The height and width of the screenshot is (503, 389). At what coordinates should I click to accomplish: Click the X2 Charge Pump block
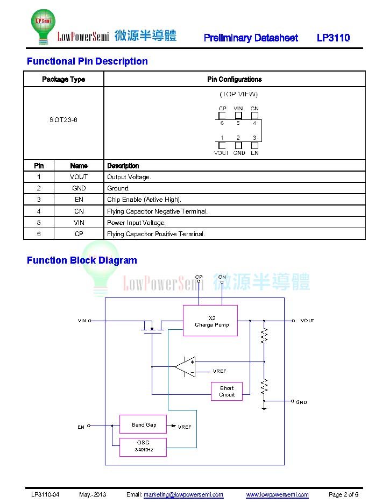pos(210,321)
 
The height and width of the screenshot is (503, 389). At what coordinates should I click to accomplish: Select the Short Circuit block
pos(227,391)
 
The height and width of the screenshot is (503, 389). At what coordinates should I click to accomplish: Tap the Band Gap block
pos(143,424)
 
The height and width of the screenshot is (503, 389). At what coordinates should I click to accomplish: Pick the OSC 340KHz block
pos(143,447)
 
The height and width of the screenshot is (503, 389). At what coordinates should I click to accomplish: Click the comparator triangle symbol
pos(186,367)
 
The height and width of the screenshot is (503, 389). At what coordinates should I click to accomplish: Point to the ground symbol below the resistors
pos(264,407)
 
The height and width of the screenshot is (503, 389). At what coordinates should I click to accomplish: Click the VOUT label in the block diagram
pos(307,321)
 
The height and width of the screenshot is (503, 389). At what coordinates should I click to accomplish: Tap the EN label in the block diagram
pos(81,427)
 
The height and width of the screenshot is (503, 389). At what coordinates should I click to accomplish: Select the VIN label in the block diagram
pos(82,321)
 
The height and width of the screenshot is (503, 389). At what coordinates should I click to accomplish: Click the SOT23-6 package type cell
pos(63,119)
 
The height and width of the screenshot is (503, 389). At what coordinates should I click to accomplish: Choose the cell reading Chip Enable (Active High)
pos(144,200)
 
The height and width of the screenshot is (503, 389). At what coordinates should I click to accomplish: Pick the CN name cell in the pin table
pos(79,211)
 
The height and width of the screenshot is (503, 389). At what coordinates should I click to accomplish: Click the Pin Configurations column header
pos(234,79)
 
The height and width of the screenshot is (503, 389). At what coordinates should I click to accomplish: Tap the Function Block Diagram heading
pos(82,260)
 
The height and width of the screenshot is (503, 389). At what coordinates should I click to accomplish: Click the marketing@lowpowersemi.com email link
pos(183,494)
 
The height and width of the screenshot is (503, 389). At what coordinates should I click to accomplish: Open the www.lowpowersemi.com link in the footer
pos(277,494)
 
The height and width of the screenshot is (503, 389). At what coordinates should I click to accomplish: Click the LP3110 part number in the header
pos(333,38)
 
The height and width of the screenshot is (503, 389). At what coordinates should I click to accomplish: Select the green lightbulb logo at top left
pos(43,26)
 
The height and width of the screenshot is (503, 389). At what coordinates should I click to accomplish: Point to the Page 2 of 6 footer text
pos(343,494)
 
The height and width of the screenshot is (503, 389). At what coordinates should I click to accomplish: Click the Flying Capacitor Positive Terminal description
pos(156,234)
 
